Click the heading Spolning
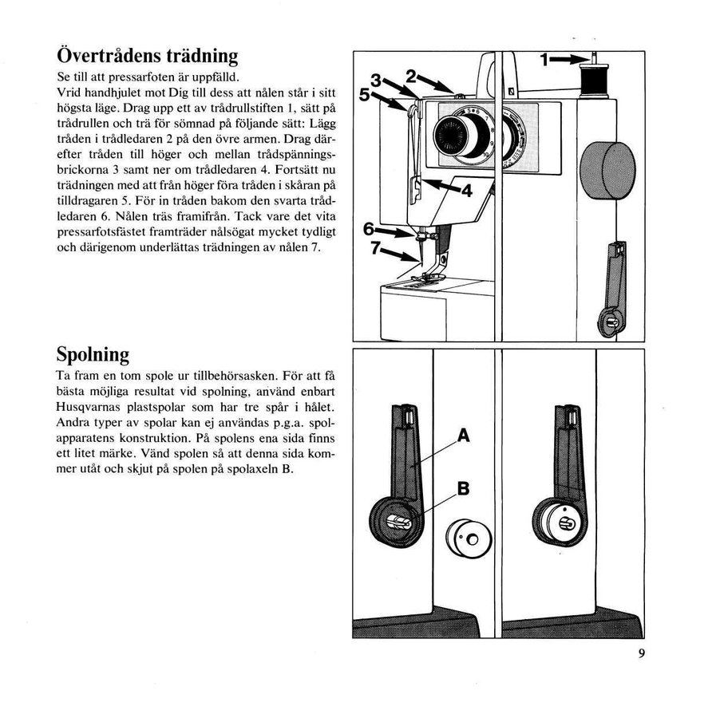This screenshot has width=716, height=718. (x=93, y=353)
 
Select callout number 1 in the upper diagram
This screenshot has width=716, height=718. (x=545, y=60)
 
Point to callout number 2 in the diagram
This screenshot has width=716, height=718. (x=410, y=77)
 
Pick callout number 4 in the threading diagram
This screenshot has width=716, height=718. (x=465, y=191)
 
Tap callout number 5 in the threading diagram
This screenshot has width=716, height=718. (x=365, y=94)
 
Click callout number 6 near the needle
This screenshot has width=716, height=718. (x=369, y=229)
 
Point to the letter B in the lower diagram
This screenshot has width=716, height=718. (x=463, y=489)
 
